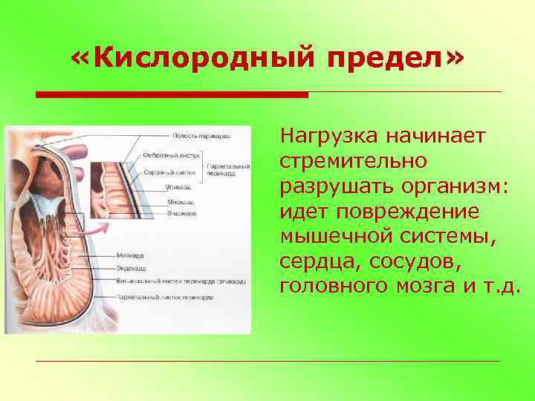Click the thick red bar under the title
click(172, 95)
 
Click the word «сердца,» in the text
click(316, 261)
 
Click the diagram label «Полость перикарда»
click(201, 136)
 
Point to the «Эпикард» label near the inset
click(178, 187)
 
